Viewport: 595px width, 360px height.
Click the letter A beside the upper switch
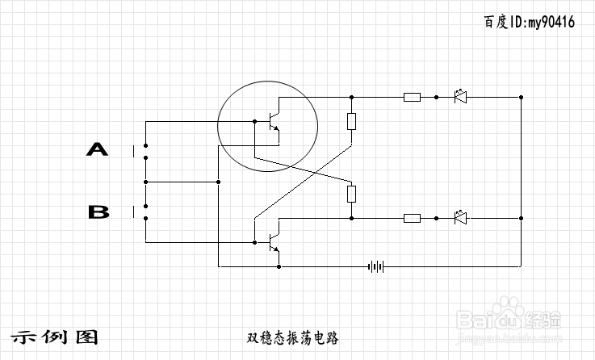pos(97,149)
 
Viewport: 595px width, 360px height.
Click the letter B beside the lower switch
pos(98,211)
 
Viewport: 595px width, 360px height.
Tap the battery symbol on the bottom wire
pos(375,266)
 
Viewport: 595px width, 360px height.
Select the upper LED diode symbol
pos(460,97)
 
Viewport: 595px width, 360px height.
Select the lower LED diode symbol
pos(460,218)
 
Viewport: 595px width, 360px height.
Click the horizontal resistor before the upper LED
pos(412,97)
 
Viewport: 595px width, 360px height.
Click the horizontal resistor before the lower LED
pos(412,218)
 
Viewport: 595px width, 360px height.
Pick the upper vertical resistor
pos(351,121)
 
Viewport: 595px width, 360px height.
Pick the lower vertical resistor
pos(351,194)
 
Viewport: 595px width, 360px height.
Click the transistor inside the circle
pos(273,121)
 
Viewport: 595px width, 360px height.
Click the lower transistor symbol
pos(273,242)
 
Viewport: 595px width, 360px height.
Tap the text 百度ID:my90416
pos(529,22)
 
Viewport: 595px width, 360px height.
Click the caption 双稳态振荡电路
pos(292,337)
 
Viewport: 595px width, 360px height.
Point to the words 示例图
pos(54,337)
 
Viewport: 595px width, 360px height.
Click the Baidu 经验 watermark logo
pos(509,320)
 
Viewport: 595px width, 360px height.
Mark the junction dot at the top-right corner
pos(521,97)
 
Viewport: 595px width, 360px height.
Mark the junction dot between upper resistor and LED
pos(436,97)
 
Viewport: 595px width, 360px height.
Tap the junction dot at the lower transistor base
pos(254,242)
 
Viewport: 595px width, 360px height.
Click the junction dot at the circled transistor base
pos(254,121)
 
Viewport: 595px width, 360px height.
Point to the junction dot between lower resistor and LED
pos(436,218)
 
